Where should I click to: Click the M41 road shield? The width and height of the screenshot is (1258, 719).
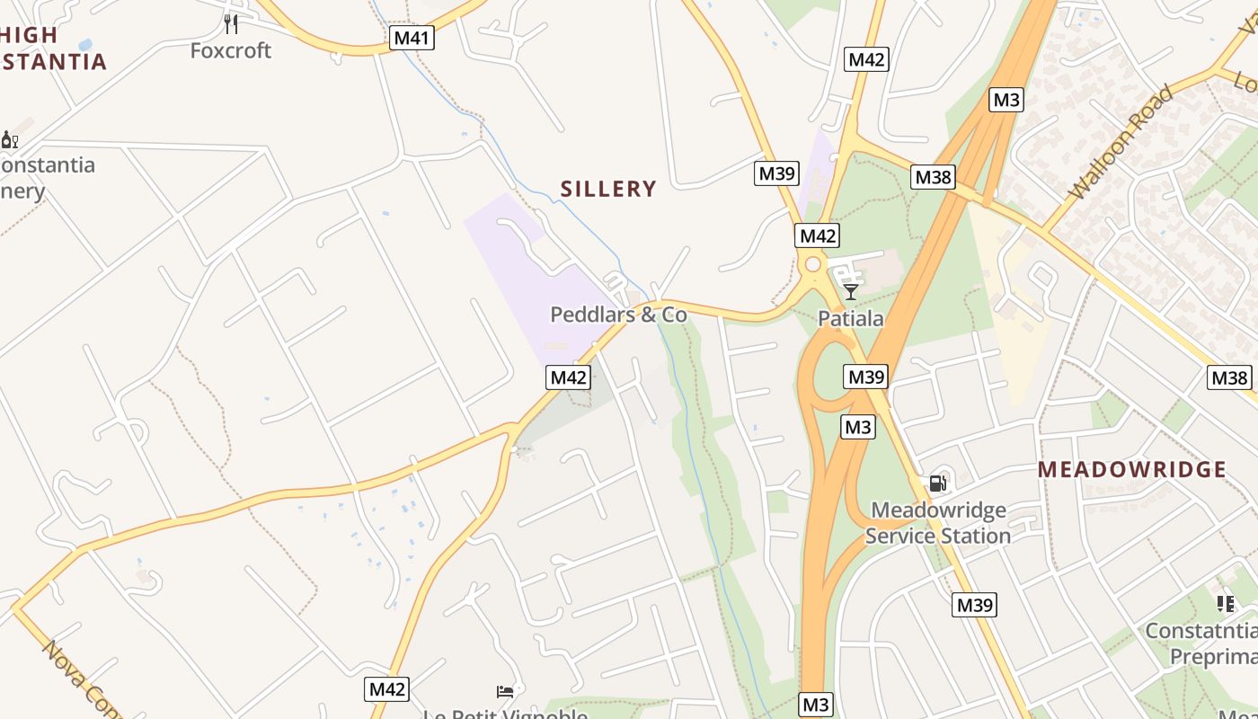tap(412, 38)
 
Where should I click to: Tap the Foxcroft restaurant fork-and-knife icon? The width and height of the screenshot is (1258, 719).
tap(231, 23)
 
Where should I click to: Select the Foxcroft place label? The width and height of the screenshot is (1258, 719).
tap(231, 50)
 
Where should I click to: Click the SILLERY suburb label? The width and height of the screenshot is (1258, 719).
tap(608, 189)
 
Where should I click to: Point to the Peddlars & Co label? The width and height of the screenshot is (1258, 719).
tap(618, 315)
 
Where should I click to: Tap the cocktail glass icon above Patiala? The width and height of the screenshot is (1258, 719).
tap(850, 292)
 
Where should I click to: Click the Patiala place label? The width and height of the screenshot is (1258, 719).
tap(850, 318)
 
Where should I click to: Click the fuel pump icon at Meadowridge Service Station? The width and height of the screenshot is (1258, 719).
tap(937, 484)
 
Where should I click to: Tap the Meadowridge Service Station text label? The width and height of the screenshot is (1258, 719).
tap(938, 523)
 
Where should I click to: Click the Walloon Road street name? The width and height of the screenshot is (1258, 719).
tap(1121, 142)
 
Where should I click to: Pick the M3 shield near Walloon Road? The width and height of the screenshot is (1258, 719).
tap(1006, 100)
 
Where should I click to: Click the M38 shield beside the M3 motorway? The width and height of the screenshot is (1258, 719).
tap(932, 177)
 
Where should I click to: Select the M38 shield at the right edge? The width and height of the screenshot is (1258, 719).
tap(1228, 377)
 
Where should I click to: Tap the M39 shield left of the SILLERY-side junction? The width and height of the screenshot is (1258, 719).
tap(776, 173)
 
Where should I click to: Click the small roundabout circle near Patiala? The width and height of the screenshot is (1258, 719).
tap(813, 264)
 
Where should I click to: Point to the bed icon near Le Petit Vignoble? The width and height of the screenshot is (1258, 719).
tap(505, 691)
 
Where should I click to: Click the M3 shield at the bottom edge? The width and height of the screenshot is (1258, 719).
tap(815, 705)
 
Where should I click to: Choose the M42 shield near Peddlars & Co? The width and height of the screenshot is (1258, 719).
tap(568, 377)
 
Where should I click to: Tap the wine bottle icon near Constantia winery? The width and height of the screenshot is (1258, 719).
tap(9, 139)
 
